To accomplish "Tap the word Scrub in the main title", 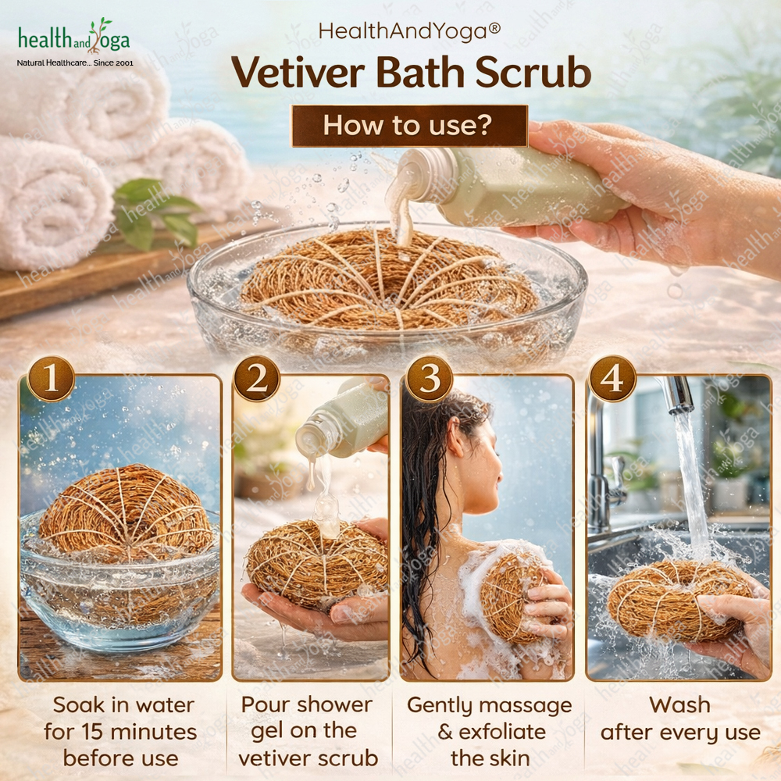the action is (533, 73).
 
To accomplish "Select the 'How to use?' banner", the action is (409, 126).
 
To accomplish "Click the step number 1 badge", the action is (52, 380).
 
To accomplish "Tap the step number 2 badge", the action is (257, 380).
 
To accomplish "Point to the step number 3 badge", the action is (430, 380).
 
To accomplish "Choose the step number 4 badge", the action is (612, 380).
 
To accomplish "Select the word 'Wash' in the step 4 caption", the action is (679, 705).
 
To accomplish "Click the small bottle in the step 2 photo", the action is (341, 419).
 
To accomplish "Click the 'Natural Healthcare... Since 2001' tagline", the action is (75, 62).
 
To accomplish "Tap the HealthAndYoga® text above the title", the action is (409, 31).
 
